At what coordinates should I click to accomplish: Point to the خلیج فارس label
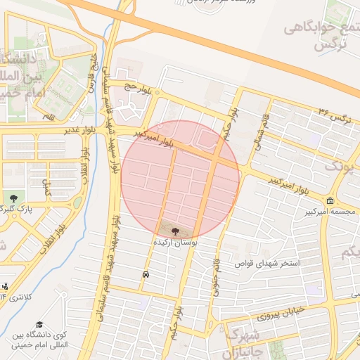91,70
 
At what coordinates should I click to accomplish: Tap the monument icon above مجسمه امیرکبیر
330,201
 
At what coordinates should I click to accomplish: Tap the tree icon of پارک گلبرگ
13,198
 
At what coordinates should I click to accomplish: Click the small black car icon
145,274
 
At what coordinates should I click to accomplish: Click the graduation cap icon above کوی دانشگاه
40,324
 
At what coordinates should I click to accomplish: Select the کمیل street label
47,186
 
